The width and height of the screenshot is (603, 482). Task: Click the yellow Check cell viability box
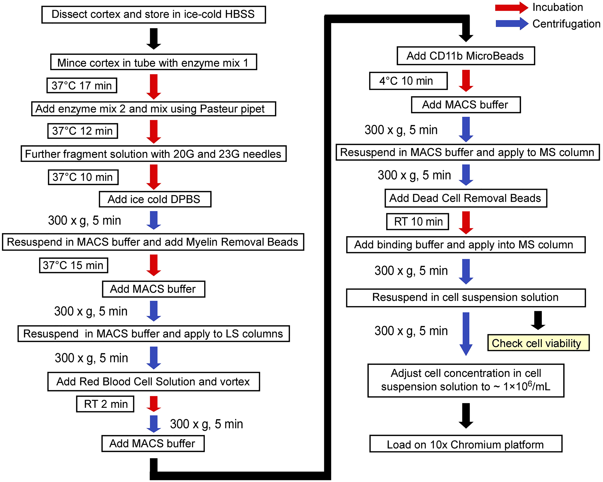tap(538, 343)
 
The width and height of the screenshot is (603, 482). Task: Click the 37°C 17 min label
tap(82, 85)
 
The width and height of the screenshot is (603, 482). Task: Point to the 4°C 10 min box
tap(408, 81)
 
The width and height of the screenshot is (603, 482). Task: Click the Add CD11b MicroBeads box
tap(466, 56)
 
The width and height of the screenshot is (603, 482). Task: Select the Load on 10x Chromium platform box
tap(466, 444)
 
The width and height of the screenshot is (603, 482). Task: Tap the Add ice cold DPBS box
tap(155, 199)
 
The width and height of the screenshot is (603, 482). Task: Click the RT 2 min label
tap(105, 404)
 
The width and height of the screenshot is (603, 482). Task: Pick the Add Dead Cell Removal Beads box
tap(466, 198)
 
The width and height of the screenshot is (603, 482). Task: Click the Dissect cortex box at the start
tap(153, 14)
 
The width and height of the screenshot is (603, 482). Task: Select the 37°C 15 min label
tap(73, 265)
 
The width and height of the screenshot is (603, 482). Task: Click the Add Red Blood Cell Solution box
tap(153, 381)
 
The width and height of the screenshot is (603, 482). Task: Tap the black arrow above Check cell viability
tap(538, 320)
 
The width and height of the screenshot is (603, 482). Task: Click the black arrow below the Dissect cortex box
tap(153, 38)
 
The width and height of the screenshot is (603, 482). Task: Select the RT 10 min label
tap(418, 221)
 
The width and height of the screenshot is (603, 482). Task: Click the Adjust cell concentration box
tap(466, 380)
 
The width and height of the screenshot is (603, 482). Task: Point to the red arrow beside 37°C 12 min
tap(153, 131)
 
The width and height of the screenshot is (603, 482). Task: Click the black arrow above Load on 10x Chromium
tap(466, 415)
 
